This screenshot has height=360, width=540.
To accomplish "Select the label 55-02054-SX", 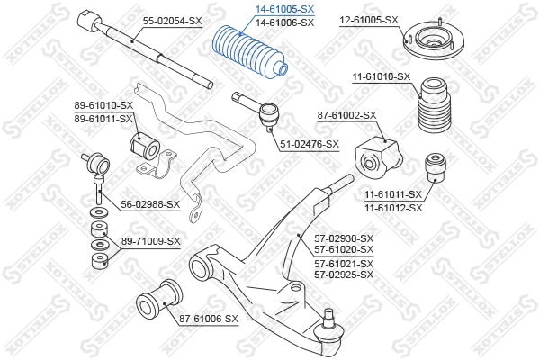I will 171,20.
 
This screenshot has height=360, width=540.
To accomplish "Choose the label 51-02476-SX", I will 309,144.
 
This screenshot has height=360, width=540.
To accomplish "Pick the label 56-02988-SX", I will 150,204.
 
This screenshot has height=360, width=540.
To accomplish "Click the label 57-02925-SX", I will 343,274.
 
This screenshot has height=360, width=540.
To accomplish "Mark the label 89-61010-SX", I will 103,106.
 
